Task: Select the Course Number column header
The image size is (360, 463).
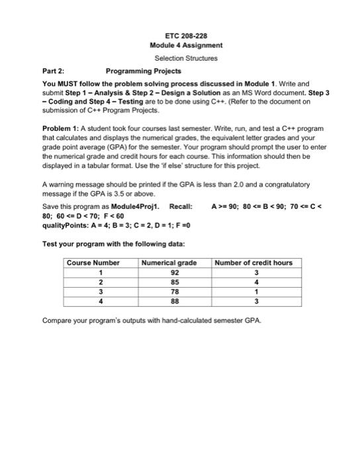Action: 93,263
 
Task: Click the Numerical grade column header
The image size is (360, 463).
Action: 169,263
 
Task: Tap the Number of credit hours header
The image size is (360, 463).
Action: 253,263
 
